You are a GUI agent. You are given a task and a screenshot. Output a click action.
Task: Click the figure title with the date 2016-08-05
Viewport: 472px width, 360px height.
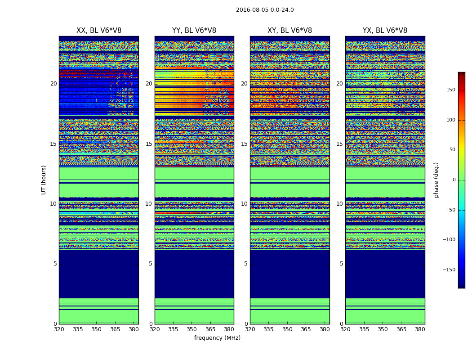(x=265, y=10)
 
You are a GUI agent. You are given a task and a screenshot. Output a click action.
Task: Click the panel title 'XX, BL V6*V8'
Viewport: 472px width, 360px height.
(x=99, y=31)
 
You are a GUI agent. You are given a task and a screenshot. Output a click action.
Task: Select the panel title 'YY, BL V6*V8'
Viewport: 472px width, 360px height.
(x=194, y=31)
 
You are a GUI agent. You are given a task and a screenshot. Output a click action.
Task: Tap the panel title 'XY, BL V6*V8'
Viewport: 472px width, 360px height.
(x=289, y=31)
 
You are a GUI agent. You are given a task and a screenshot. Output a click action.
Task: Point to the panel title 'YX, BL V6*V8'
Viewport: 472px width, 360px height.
(x=385, y=31)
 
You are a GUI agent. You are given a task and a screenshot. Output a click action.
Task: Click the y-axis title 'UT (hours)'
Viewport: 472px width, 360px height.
(x=44, y=180)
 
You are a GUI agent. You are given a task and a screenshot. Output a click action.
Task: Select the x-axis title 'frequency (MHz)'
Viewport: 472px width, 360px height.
(x=217, y=338)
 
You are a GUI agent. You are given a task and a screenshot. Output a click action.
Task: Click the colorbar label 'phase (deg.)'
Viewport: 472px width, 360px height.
(x=436, y=180)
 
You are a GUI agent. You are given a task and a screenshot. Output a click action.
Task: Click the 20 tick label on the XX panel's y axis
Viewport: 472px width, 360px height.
(x=53, y=84)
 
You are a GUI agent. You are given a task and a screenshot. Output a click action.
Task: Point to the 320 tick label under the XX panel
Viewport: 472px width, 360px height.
(x=59, y=329)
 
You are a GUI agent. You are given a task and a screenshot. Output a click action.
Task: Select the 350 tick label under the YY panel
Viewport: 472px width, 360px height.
(x=192, y=329)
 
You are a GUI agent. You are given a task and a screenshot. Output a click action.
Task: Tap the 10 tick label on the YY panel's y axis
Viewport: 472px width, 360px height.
(x=149, y=204)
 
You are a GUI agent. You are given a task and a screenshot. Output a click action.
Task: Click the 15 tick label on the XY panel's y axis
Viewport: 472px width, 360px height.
(x=244, y=144)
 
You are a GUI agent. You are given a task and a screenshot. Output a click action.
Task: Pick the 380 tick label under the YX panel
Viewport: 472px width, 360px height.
(x=420, y=329)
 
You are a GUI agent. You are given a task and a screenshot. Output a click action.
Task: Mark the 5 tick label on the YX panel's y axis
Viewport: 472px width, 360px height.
(x=341, y=264)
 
